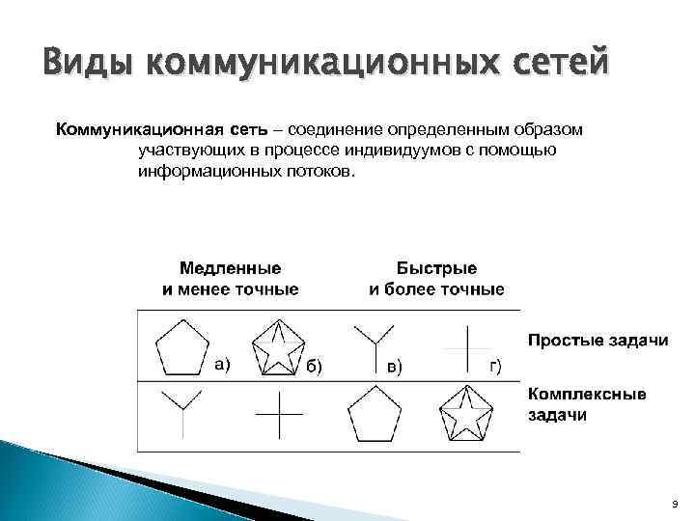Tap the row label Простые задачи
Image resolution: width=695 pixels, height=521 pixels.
point(598,342)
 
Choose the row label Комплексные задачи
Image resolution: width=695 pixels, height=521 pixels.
point(587,404)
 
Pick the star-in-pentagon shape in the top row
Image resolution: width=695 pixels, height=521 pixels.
point(277,347)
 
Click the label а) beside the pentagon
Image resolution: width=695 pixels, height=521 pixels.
point(221,364)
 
